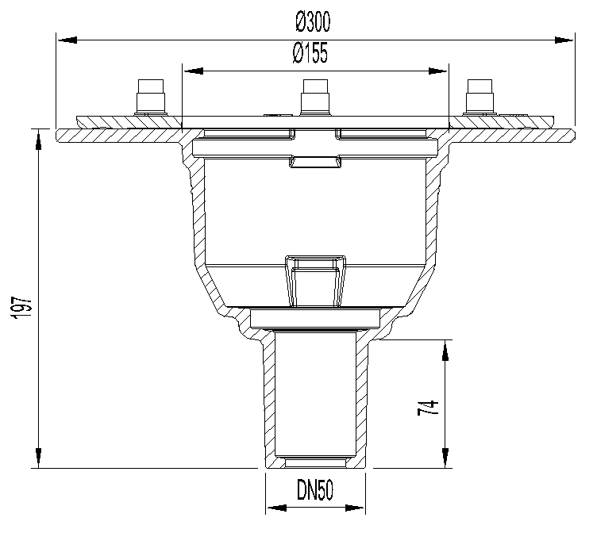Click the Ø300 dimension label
point(313,21)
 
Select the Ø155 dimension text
point(310,53)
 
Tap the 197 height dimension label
point(21,308)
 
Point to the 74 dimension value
point(429,408)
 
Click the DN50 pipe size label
point(315,489)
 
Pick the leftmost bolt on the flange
point(151,98)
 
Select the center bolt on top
point(315,97)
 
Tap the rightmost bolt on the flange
point(480,98)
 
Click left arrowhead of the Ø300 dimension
point(67,40)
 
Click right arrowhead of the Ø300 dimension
point(564,40)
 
